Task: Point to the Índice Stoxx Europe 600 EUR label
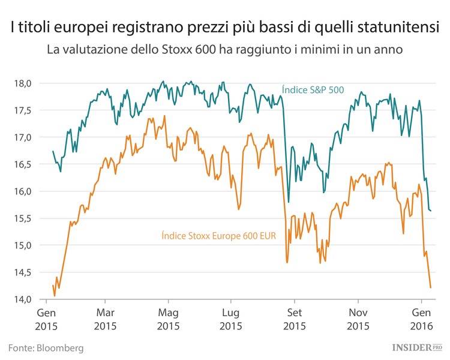coord(218,236)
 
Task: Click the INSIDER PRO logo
coord(416,347)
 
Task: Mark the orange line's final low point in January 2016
coord(431,288)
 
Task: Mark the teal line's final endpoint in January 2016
coord(432,211)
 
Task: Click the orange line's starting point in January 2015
coord(53,286)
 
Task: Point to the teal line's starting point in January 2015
coord(53,151)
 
